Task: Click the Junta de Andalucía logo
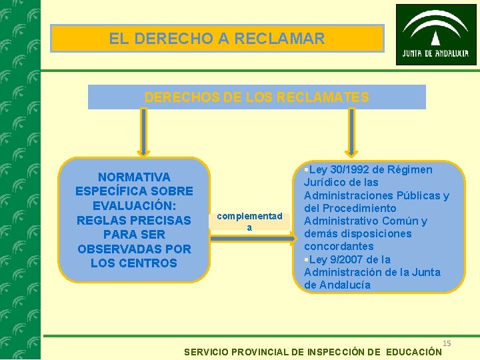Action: tap(436, 34)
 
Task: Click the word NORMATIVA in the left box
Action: tap(134, 177)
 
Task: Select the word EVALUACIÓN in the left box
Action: tap(134, 205)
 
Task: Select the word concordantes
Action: tap(339, 246)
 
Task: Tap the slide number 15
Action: tap(447, 343)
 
